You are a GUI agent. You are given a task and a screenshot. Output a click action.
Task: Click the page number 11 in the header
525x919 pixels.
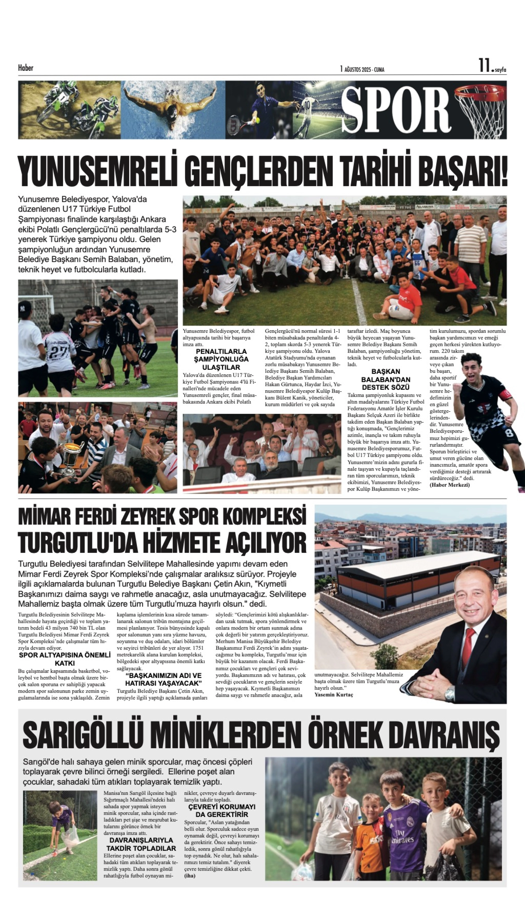(484, 66)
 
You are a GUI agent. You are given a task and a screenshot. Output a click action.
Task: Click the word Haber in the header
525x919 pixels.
(26, 67)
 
